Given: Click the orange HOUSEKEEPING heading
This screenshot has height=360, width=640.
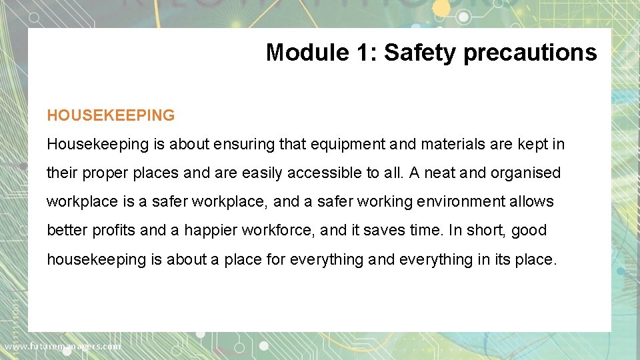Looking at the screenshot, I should (111, 115).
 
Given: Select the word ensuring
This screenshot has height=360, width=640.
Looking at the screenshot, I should (238, 144).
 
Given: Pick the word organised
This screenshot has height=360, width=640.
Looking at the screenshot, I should (526, 173).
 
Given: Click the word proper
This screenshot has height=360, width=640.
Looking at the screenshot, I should (107, 173).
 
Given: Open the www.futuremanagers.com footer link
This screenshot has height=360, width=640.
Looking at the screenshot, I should (63, 346).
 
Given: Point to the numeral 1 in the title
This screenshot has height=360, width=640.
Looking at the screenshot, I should (363, 52).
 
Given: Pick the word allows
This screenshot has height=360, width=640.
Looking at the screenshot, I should (531, 201).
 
